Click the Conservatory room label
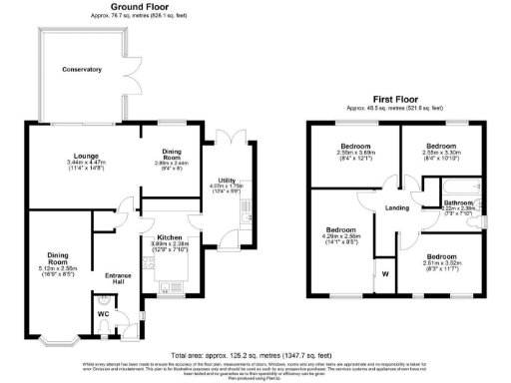tap(82, 69)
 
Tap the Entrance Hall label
tap(119, 278)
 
